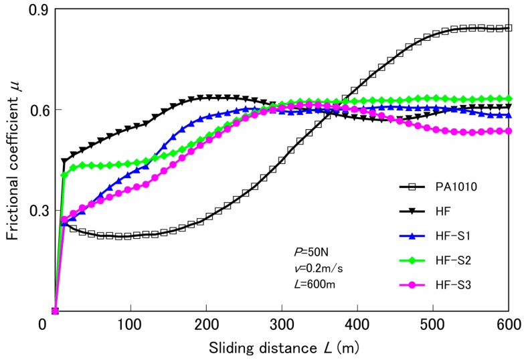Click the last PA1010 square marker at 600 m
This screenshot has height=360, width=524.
pos(509,28)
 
